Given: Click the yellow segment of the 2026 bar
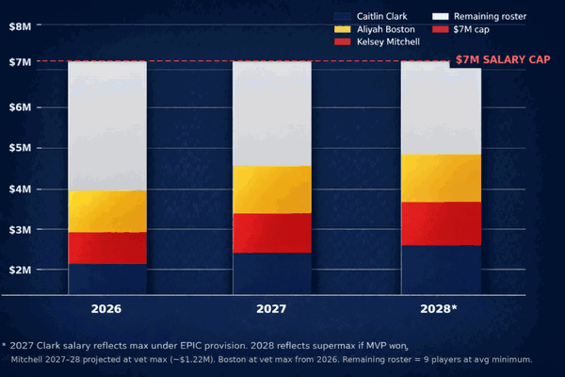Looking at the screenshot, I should (107, 211).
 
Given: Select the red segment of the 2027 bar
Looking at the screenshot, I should (272, 233).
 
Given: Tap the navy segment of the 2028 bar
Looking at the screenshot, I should (441, 270).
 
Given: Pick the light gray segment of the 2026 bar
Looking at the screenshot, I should (107, 125).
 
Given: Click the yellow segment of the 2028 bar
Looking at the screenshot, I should (441, 178).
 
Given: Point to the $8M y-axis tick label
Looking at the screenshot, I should (20, 26).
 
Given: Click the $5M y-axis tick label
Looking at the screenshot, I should (20, 148).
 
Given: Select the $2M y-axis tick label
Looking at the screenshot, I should (20, 270).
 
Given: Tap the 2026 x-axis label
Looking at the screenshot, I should (106, 309).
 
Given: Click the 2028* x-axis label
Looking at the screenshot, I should (442, 309).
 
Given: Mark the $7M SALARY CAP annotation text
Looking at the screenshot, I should (503, 60).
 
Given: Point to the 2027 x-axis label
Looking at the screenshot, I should (272, 309).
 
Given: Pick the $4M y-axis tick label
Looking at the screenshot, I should (20, 188).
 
